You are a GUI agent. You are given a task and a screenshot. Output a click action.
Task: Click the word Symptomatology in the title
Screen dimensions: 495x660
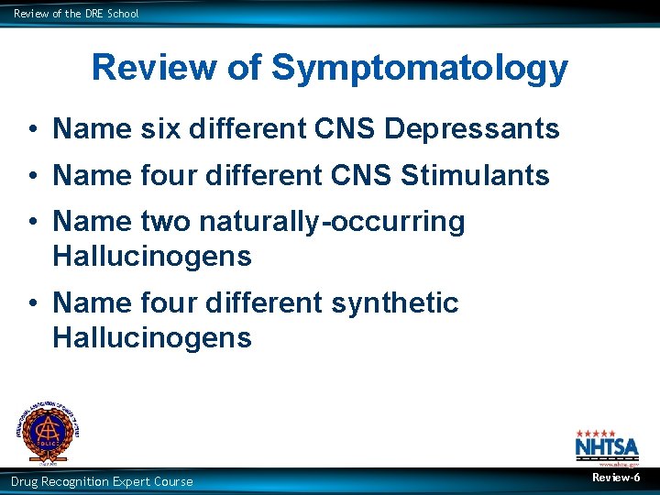point(420,69)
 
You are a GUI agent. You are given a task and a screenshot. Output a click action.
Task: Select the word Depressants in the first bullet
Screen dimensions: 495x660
point(472,129)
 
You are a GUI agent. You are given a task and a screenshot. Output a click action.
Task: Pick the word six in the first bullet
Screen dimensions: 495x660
point(160,129)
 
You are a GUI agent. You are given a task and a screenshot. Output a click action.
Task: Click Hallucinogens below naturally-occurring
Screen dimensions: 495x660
point(152,257)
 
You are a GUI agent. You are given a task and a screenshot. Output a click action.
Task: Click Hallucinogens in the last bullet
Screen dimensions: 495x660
point(152,338)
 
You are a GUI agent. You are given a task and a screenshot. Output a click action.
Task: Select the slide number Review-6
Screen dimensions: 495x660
point(616,478)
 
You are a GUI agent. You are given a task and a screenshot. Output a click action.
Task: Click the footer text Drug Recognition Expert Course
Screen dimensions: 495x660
point(102,481)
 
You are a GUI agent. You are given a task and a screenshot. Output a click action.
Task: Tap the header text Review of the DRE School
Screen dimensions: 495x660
point(76,14)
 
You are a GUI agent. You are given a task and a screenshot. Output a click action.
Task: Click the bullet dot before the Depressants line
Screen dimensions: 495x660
point(32,130)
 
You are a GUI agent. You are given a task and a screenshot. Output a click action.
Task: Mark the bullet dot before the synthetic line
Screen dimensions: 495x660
point(32,303)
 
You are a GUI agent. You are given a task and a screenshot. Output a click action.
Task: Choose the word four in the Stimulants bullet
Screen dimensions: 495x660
point(169,175)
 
